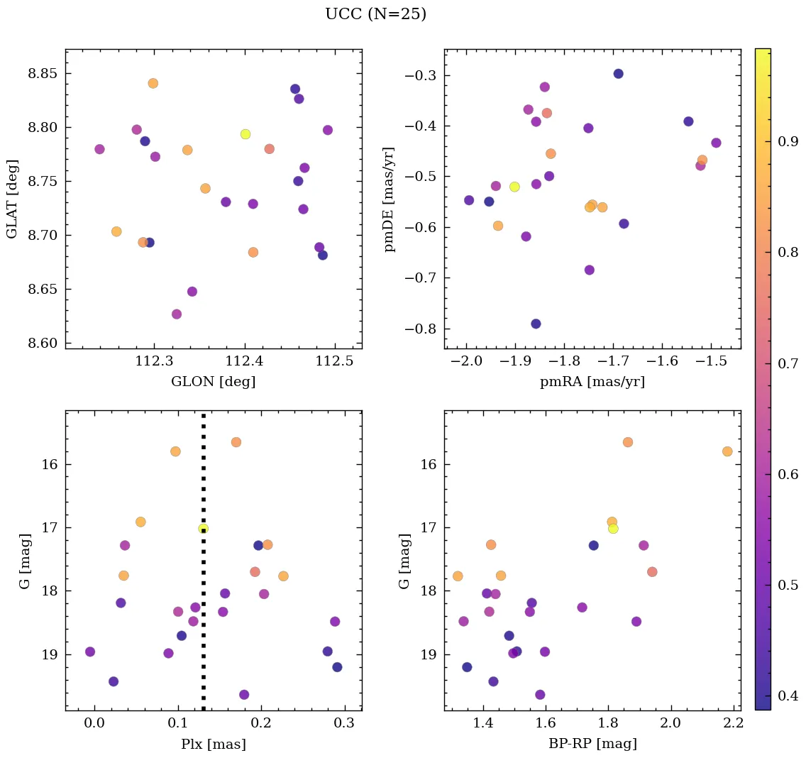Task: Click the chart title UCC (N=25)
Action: (x=375, y=14)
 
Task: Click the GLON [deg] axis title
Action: (x=213, y=382)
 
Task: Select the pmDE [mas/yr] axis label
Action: (x=390, y=199)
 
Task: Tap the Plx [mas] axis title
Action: (x=213, y=744)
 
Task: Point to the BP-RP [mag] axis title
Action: (x=592, y=744)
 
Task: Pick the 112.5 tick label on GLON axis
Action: (x=334, y=362)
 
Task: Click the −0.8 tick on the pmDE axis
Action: (x=422, y=329)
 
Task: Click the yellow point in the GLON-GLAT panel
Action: (x=245, y=134)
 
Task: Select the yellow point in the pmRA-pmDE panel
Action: (x=514, y=187)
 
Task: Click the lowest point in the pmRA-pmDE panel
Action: (x=536, y=324)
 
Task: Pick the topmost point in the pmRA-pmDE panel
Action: (x=618, y=74)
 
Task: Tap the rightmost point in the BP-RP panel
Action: (x=727, y=451)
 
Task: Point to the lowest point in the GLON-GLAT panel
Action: (x=177, y=314)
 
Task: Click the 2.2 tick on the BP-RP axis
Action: (x=733, y=723)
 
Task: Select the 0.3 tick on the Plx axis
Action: (x=345, y=723)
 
